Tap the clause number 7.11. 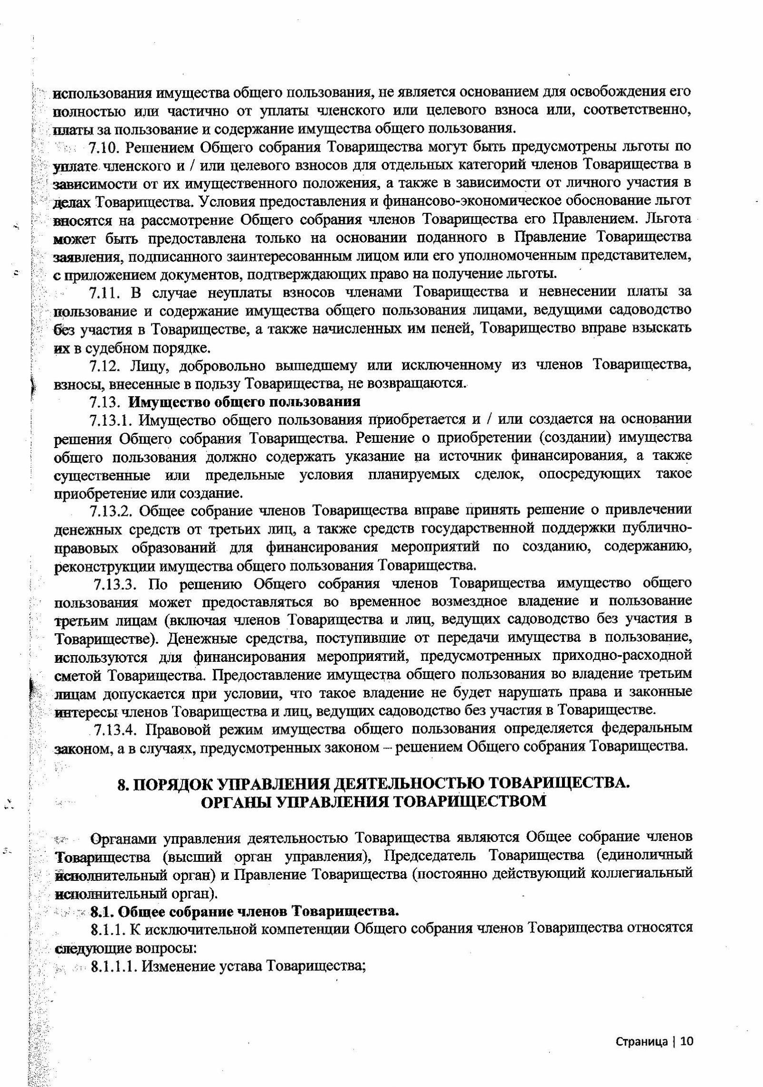tap(102, 291)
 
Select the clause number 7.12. tap(102, 365)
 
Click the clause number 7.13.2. tap(113, 511)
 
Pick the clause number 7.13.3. tap(117, 583)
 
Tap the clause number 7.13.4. tap(117, 728)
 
